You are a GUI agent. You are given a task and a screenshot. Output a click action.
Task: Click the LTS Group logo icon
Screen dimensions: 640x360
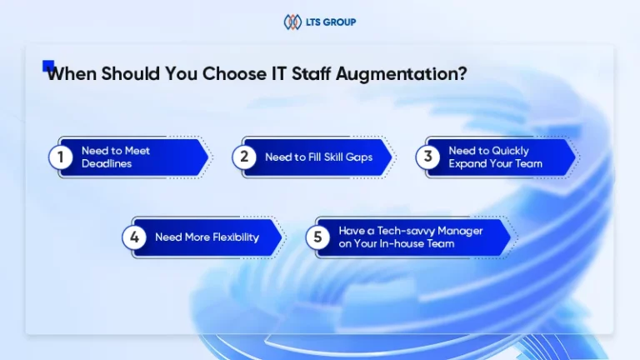tap(292, 22)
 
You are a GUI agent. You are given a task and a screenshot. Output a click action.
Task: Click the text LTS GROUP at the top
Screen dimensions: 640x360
tap(331, 22)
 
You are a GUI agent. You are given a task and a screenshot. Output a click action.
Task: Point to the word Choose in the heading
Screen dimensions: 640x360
tap(234, 73)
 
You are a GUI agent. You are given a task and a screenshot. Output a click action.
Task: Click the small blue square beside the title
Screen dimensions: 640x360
tap(48, 65)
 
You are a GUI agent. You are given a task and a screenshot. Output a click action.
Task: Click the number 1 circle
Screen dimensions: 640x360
tap(60, 157)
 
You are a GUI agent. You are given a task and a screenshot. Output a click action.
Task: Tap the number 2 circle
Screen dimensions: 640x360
tap(244, 157)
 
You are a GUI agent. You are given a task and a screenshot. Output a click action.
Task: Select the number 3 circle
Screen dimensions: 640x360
tap(427, 157)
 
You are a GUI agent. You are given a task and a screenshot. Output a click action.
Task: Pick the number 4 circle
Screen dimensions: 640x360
tap(134, 237)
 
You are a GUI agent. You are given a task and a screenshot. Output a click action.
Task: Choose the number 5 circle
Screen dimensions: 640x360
tap(317, 237)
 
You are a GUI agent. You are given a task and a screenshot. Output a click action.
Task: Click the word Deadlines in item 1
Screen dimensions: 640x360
tap(107, 163)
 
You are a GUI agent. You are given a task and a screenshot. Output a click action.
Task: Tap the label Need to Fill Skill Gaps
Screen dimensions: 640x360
tap(319, 157)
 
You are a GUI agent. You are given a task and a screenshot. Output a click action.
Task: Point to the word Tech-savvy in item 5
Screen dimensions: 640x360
tap(406, 231)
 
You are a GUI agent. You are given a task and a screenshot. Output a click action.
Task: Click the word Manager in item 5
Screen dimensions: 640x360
tap(460, 232)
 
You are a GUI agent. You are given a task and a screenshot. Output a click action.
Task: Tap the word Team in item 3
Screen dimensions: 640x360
tap(528, 163)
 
